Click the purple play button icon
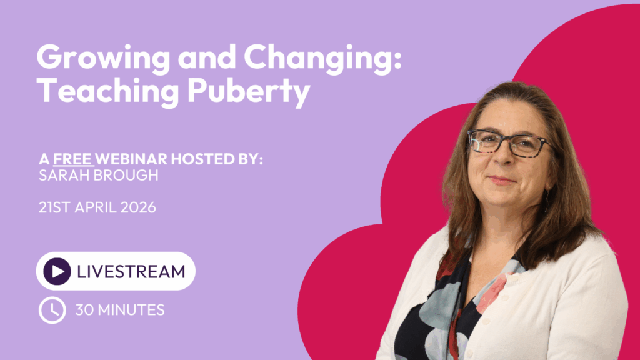point(57,271)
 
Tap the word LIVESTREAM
point(131,271)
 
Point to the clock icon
point(52,309)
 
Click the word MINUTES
point(131,309)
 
